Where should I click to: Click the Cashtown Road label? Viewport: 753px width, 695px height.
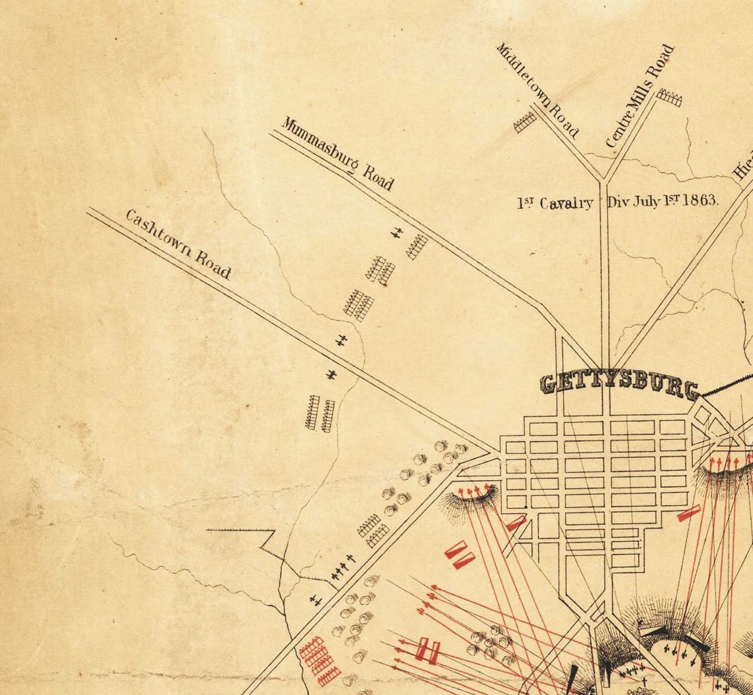click(178, 245)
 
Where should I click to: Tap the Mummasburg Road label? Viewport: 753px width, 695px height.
click(338, 154)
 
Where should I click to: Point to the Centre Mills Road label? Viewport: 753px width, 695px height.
click(640, 96)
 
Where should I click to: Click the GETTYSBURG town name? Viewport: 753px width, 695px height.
click(619, 385)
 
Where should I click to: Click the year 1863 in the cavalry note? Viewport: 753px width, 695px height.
click(701, 201)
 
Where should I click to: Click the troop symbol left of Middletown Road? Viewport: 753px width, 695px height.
click(525, 122)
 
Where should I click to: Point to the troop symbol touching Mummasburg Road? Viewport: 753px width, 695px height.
click(417, 247)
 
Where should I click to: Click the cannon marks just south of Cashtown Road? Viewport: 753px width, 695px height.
click(332, 375)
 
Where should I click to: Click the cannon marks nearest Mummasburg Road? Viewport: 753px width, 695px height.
click(397, 232)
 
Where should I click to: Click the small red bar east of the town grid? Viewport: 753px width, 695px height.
click(689, 513)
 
